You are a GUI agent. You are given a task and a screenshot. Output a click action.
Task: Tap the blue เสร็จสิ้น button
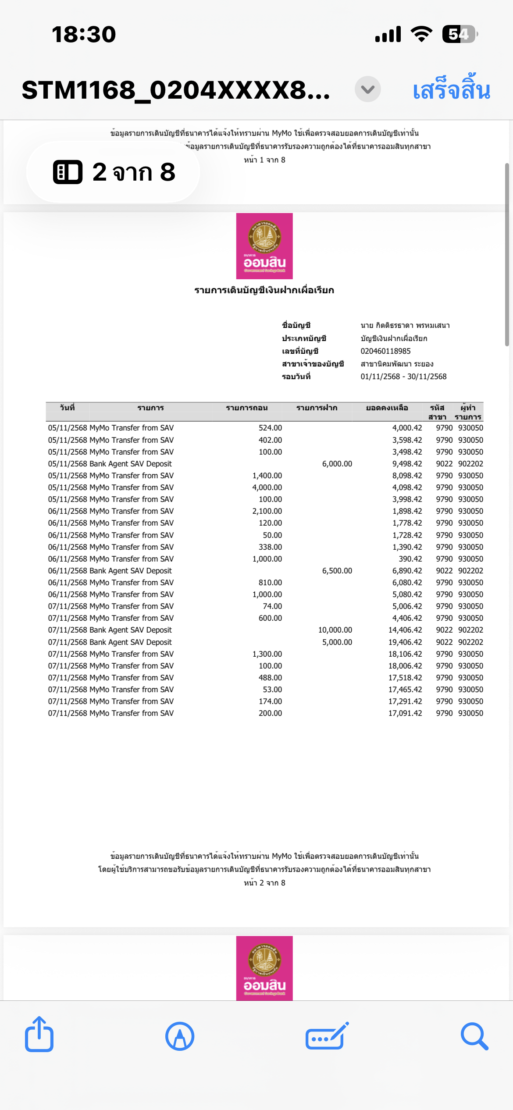coord(451,90)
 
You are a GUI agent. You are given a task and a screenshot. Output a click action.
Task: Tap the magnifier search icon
coord(474,1036)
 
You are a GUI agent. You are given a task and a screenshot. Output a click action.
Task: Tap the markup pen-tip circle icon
coord(180,1036)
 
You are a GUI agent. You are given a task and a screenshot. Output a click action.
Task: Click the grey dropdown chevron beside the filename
coord(367,89)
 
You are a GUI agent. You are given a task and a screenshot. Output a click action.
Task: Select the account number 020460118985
coord(385,351)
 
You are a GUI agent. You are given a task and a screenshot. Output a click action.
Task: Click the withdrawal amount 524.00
coord(270,428)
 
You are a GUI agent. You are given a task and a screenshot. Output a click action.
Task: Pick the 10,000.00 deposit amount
coord(335,630)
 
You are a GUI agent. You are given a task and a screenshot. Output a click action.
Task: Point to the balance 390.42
coord(410,559)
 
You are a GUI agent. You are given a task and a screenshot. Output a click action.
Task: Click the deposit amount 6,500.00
coord(337,571)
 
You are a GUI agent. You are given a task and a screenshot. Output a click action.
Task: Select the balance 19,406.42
coord(405,642)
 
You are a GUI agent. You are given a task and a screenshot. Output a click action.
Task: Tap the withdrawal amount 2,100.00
coord(267,511)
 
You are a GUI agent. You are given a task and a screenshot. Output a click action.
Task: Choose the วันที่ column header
coord(67,408)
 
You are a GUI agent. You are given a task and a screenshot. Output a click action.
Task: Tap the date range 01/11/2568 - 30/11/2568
coord(403,377)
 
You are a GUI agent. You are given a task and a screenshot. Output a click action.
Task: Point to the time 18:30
coord(84,34)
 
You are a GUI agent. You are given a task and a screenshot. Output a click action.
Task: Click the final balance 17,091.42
coord(405,713)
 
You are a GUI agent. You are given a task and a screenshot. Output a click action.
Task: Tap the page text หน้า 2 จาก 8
coord(264,883)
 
